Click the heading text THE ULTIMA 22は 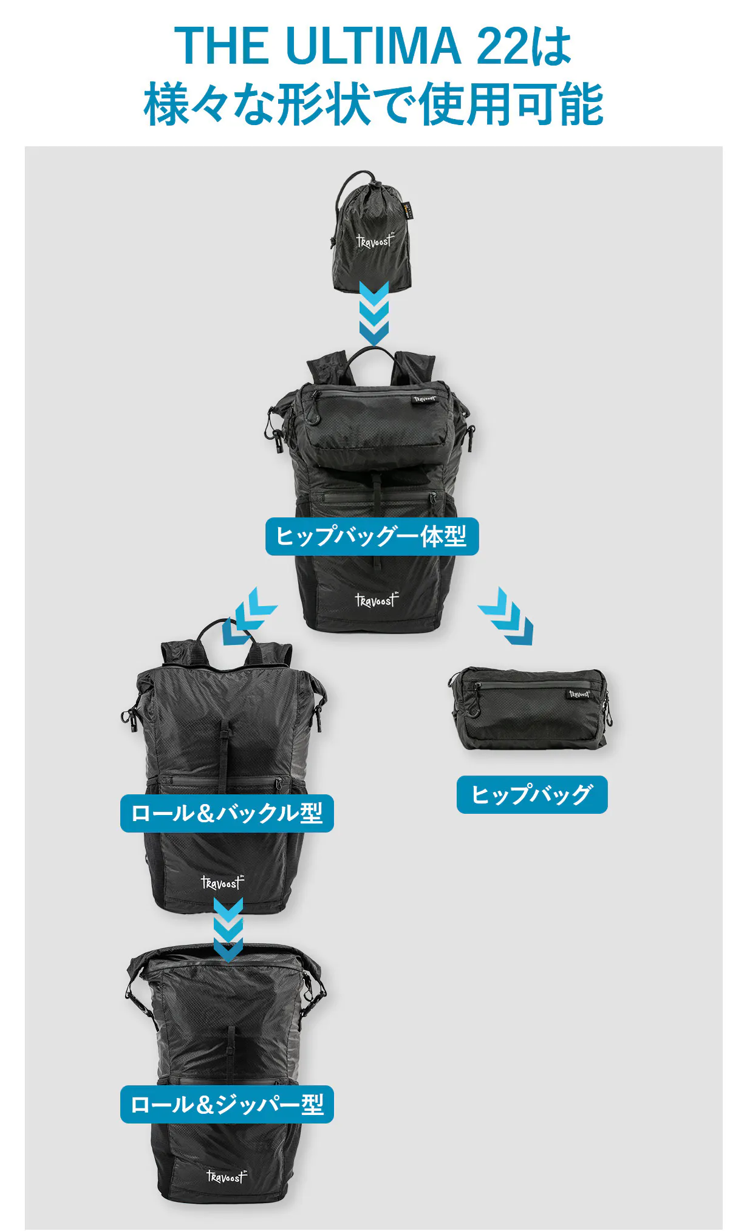click(x=373, y=46)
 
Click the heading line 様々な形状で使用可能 click(x=373, y=104)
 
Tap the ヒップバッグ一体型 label click(x=372, y=536)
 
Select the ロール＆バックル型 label click(x=227, y=813)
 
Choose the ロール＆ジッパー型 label click(x=227, y=1104)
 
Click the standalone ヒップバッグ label click(x=532, y=794)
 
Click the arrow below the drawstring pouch click(x=373, y=313)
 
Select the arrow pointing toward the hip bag click(x=506, y=615)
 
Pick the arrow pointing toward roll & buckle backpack click(x=249, y=615)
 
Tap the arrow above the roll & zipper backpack click(x=228, y=929)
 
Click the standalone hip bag click(x=530, y=708)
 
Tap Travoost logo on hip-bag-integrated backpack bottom click(x=377, y=600)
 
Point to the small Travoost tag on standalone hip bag click(x=579, y=694)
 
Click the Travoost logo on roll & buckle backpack click(x=222, y=882)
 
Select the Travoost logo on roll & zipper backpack click(x=227, y=1176)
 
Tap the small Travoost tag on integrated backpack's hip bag click(x=424, y=399)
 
